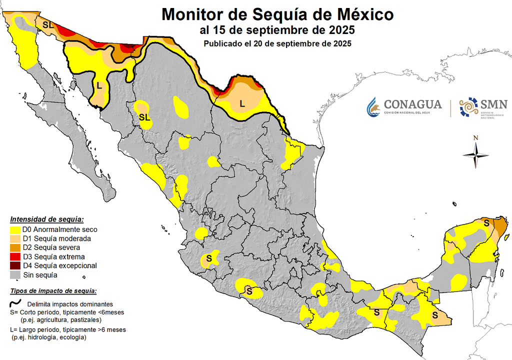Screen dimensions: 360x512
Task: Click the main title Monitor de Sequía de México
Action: click(277, 14)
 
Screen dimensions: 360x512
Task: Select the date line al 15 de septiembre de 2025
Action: click(277, 30)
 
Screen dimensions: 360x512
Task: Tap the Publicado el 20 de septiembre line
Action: click(277, 43)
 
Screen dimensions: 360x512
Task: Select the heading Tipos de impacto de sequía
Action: click(53, 291)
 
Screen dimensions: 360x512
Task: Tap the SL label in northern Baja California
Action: click(48, 24)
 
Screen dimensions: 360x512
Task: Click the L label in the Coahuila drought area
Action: click(242, 104)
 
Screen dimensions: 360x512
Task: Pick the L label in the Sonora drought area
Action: click(99, 85)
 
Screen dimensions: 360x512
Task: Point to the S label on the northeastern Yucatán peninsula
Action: click(486, 223)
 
